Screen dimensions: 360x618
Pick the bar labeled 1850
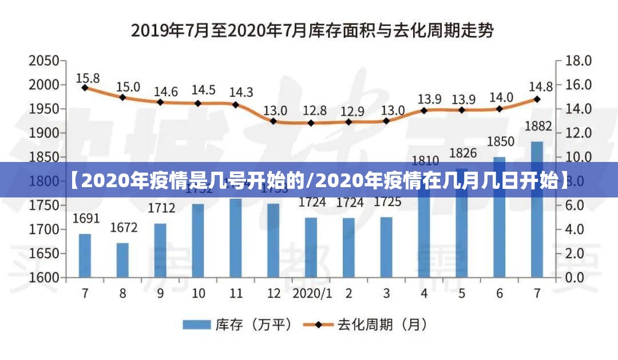point(500,217)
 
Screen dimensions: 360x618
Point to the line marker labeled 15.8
point(85,88)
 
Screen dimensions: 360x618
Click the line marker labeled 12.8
point(311,122)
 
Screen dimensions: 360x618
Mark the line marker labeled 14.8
point(537,98)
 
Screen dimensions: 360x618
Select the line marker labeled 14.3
point(235,105)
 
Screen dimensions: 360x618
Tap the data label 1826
point(462,153)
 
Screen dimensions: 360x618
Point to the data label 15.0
point(128,87)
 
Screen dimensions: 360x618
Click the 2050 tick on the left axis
point(44,61)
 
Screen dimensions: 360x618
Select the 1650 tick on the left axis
point(44,253)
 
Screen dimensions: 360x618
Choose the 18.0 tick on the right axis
point(578,61)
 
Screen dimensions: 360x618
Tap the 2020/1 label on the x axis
point(312,294)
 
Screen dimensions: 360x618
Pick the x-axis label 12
point(274,294)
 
